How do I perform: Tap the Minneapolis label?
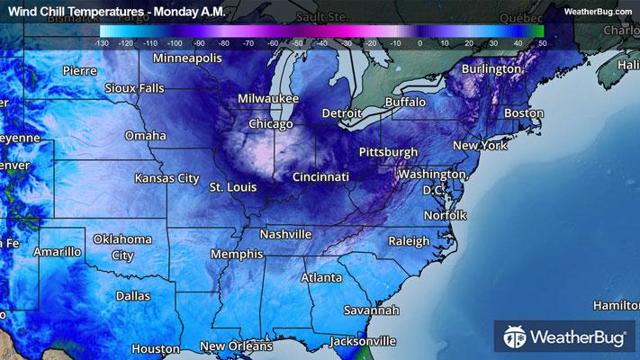point(187,58)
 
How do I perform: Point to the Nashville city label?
point(285,234)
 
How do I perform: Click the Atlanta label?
point(320,277)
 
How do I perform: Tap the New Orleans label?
point(236,346)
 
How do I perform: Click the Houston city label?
point(156,348)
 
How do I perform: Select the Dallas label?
point(133,295)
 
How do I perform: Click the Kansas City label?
point(167,178)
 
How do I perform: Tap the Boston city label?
point(524,113)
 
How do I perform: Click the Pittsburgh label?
point(387,151)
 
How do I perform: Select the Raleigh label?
point(410,241)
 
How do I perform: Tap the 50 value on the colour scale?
point(540,42)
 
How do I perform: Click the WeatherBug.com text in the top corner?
point(598,10)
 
